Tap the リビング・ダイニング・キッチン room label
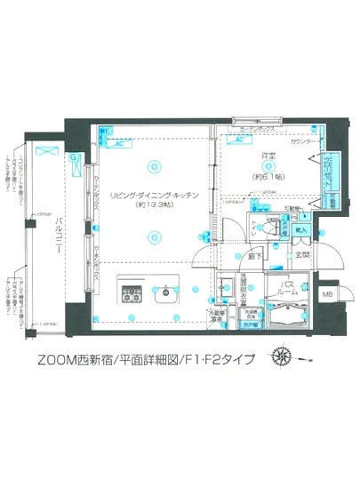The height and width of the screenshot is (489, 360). point(154,194)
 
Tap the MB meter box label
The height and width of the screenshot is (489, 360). point(327,293)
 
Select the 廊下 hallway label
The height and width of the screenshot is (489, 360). point(255,257)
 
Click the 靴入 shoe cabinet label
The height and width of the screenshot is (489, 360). point(300,229)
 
